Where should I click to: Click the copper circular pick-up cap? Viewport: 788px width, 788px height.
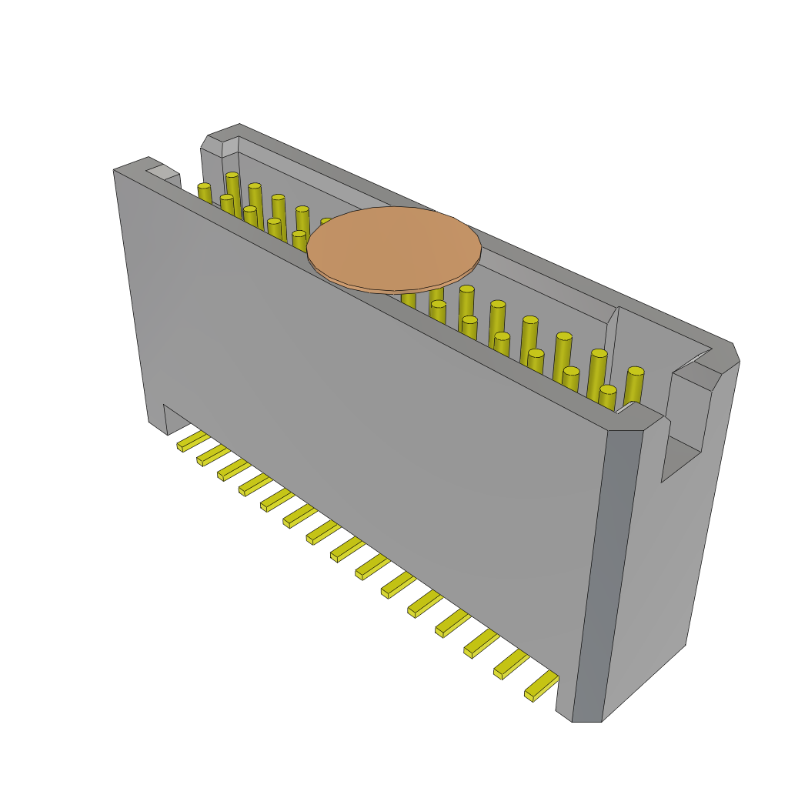pyautogui.click(x=394, y=248)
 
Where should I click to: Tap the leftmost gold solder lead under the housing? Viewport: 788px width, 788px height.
pyautogui.click(x=192, y=442)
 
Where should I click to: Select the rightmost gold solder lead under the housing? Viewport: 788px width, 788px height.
pyautogui.click(x=542, y=685)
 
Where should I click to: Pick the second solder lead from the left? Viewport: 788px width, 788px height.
pyautogui.click(x=212, y=456)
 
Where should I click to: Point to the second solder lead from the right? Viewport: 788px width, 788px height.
pyautogui.click(x=511, y=664)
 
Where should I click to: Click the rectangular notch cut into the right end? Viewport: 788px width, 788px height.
pyautogui.click(x=681, y=458)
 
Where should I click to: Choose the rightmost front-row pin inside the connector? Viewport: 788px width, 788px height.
pyautogui.click(x=607, y=397)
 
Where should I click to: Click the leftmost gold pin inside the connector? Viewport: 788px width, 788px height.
pyautogui.click(x=204, y=193)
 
